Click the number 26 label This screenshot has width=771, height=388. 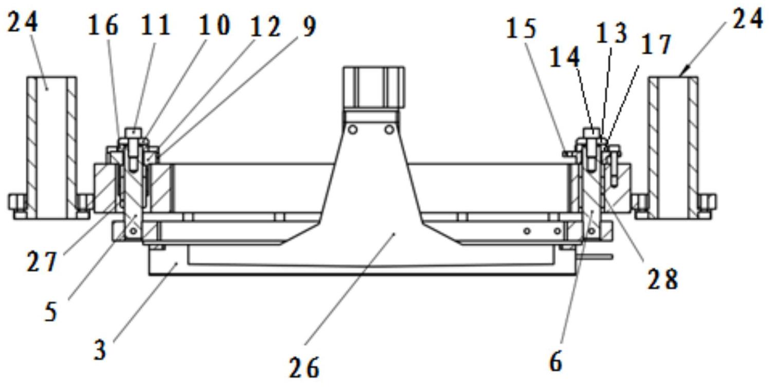(304, 368)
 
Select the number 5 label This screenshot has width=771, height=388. (51, 311)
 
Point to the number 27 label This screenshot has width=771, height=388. (42, 261)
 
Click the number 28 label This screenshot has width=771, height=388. (663, 278)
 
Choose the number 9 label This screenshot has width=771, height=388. (309, 26)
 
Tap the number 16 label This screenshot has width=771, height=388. (103, 25)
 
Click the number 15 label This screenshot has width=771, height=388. (521, 28)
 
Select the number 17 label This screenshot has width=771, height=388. (656, 44)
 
